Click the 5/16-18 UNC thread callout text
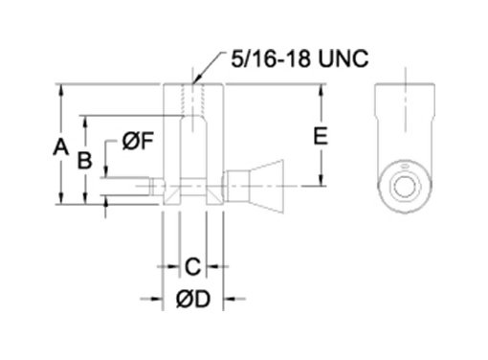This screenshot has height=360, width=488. pyautogui.click(x=299, y=58)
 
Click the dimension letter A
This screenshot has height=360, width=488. pyautogui.click(x=60, y=147)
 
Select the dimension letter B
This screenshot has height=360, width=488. pyautogui.click(x=85, y=160)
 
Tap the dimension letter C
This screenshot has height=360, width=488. pyautogui.click(x=193, y=266)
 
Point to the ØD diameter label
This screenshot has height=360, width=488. pyautogui.click(x=193, y=299)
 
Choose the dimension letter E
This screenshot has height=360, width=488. pyautogui.click(x=321, y=136)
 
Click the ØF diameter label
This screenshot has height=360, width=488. pyautogui.click(x=138, y=141)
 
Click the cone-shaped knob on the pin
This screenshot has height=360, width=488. pyautogui.click(x=266, y=187)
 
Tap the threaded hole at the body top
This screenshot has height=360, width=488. pyautogui.click(x=192, y=100)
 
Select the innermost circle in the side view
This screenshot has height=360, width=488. pyautogui.click(x=404, y=186)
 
